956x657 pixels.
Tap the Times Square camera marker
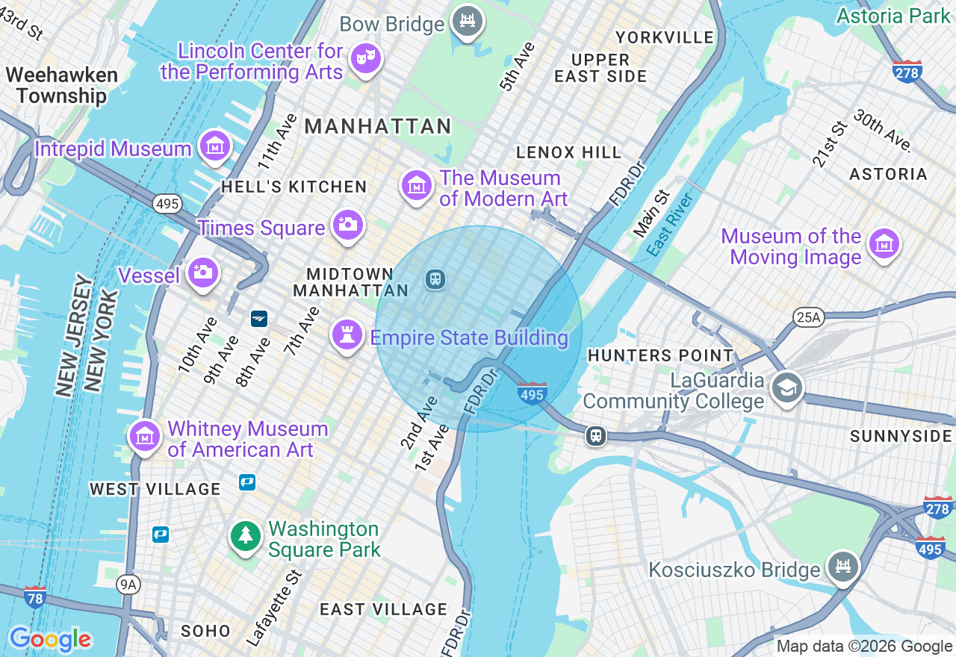348,224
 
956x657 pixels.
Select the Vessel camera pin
202,273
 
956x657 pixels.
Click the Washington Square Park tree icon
246,535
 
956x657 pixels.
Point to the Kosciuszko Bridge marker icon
843,565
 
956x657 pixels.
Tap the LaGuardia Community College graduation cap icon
786,387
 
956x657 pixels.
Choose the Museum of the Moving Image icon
884,243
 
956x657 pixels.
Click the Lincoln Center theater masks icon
366,58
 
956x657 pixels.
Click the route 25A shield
808,318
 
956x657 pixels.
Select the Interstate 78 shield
34,597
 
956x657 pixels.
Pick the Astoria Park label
893,15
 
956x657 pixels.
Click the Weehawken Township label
61,86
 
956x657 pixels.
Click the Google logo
50,639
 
